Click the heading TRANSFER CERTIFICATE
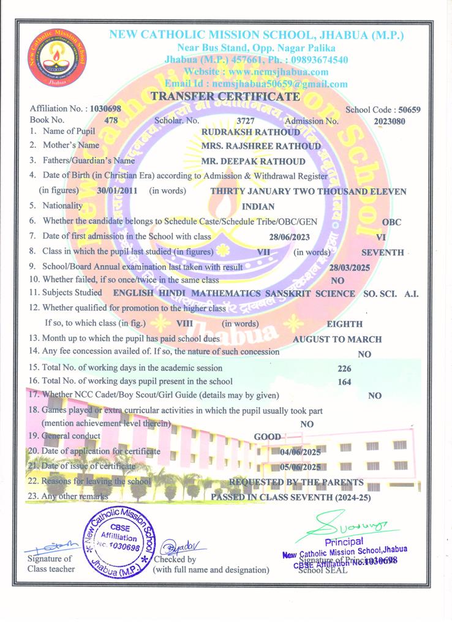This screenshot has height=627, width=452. [x=225, y=96]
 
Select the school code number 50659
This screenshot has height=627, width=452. [x=409, y=110]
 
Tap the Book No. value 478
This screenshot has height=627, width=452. [x=111, y=121]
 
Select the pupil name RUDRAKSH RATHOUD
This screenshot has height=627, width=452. [x=251, y=132]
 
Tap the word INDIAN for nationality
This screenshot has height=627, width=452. [x=258, y=206]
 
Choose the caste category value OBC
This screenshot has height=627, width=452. [x=391, y=222]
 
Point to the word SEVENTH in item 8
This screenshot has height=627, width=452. [x=382, y=252]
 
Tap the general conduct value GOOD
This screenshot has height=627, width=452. [x=268, y=437]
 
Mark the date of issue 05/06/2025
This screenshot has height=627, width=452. [x=300, y=467]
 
